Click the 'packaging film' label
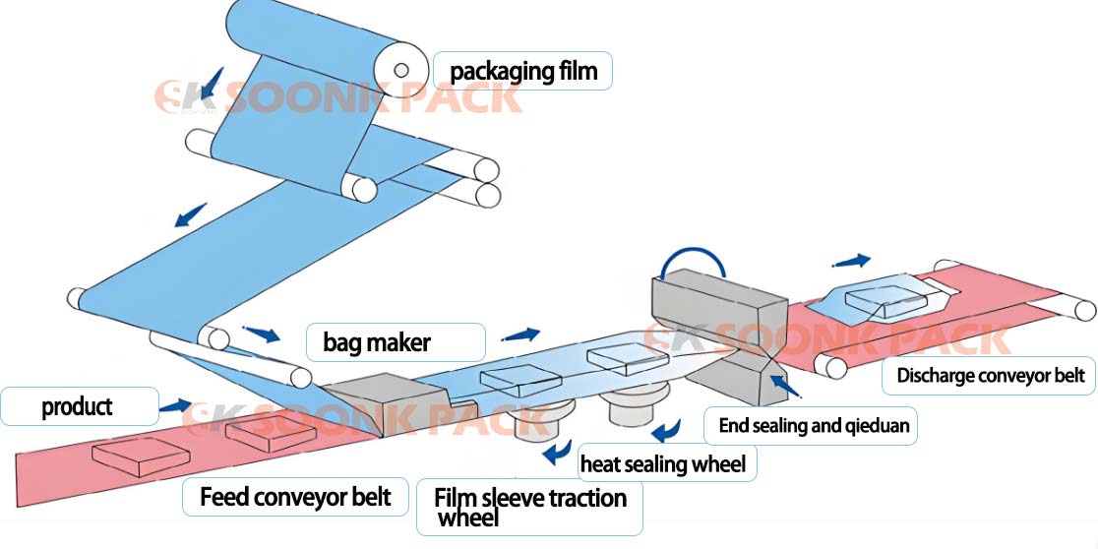(x=522, y=71)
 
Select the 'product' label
(x=79, y=405)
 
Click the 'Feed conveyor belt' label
(x=295, y=497)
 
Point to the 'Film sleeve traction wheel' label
(x=529, y=506)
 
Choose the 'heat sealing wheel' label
(x=663, y=462)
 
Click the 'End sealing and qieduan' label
(x=814, y=426)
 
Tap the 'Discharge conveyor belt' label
(x=990, y=375)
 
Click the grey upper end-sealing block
(x=718, y=301)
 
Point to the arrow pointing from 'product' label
(x=175, y=403)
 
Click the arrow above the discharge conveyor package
(x=851, y=261)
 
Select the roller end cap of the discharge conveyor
(x=1084, y=310)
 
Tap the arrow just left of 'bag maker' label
(x=260, y=333)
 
